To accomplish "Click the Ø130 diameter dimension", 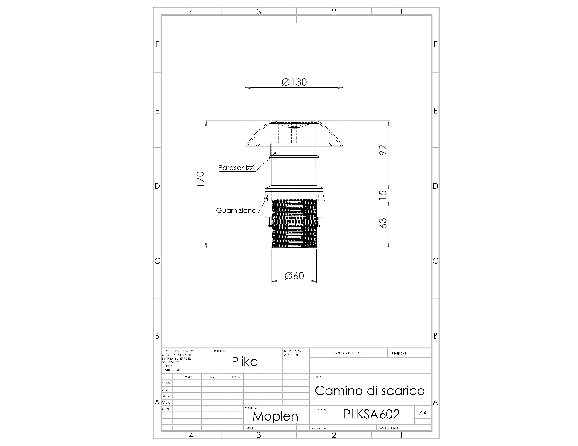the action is [x=294, y=82].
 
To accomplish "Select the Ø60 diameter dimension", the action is [x=294, y=276].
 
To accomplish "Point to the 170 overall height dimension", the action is [x=200, y=179].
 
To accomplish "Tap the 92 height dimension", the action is [x=383, y=150].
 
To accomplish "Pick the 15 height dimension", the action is [x=383, y=195].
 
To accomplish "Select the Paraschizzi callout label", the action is [x=236, y=168].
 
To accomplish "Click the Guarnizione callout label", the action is [x=236, y=210].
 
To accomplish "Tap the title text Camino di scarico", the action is [x=370, y=391].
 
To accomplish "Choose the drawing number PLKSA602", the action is [x=372, y=414].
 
